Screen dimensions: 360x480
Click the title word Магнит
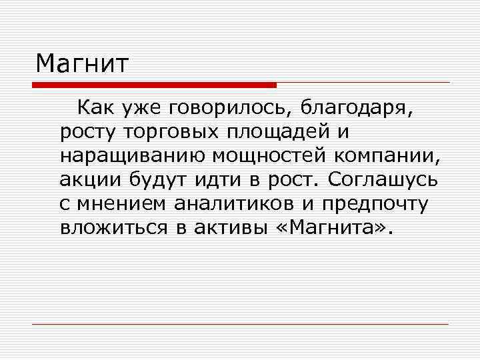coord(82,64)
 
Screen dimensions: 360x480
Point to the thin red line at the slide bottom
coord(240,324)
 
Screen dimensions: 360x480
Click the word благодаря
coord(357,107)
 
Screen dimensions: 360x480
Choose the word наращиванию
coord(131,156)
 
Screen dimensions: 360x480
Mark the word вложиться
coord(113,229)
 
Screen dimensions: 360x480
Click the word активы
coord(229,229)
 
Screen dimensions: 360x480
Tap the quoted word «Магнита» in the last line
coord(329,229)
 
